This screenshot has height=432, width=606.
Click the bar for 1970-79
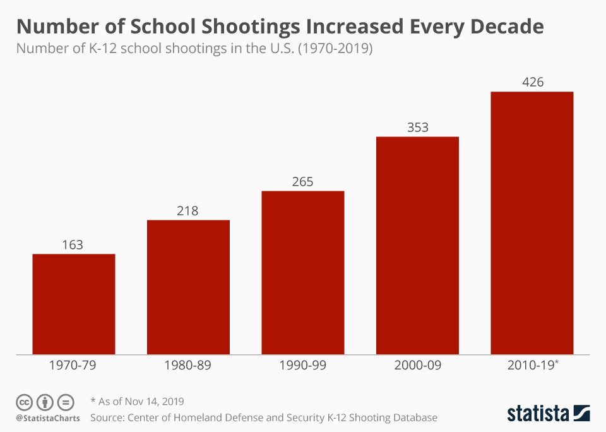pyautogui.click(x=74, y=304)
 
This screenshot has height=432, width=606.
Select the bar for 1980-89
pyautogui.click(x=188, y=287)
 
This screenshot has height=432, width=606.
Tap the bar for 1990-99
pyautogui.click(x=303, y=272)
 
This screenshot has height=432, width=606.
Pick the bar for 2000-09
pyautogui.click(x=417, y=245)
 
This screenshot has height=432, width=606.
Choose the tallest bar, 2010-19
pyautogui.click(x=532, y=223)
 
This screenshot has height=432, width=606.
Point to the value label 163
pyautogui.click(x=73, y=244)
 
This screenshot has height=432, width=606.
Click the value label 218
pyautogui.click(x=188, y=210)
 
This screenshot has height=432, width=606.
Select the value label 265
pyautogui.click(x=303, y=182)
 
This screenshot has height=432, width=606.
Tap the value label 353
pyautogui.click(x=417, y=127)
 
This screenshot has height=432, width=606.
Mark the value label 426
pyautogui.click(x=532, y=82)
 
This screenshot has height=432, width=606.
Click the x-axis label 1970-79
pyautogui.click(x=74, y=365)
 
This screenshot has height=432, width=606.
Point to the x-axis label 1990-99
pyautogui.click(x=303, y=365)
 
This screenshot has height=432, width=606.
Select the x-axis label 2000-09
pyautogui.click(x=417, y=365)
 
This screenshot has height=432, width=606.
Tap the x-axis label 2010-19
pyautogui.click(x=530, y=365)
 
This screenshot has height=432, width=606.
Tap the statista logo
pyautogui.click(x=548, y=414)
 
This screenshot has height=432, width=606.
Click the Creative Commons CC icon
pyautogui.click(x=24, y=402)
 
